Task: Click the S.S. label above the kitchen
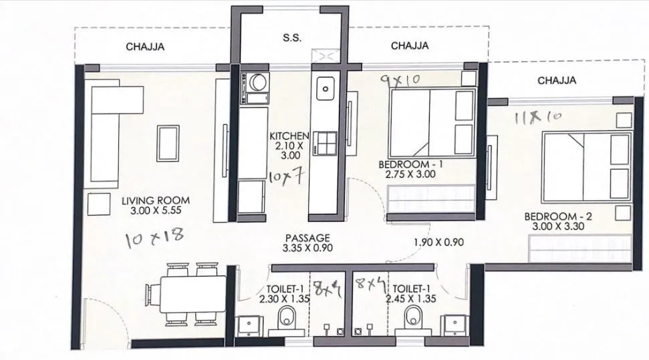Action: [x=292, y=38]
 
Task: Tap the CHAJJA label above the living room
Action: [x=145, y=47]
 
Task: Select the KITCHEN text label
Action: [x=289, y=136]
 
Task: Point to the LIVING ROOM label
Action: [x=156, y=200]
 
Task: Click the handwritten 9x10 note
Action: [x=398, y=80]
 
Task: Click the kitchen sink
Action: [x=326, y=87]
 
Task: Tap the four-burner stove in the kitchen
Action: [x=326, y=142]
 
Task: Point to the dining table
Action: [x=186, y=295]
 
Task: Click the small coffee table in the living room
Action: [x=167, y=142]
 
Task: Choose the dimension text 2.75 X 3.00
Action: [x=410, y=174]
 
